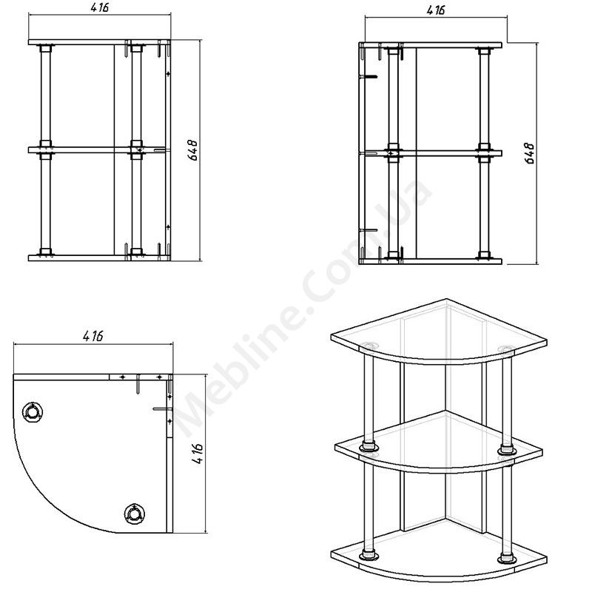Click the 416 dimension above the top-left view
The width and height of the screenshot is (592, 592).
pyautogui.click(x=100, y=7)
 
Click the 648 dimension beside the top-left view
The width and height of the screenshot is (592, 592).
pyautogui.click(x=192, y=150)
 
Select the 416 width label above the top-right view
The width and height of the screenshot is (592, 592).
pyautogui.click(x=436, y=10)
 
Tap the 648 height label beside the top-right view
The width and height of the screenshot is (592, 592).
pyautogui.click(x=529, y=153)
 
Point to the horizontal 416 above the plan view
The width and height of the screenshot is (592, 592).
pyautogui.click(x=93, y=336)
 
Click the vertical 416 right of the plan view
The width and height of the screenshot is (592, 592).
pyautogui.click(x=197, y=454)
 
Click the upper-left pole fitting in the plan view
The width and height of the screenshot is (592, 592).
pyautogui.click(x=33, y=411)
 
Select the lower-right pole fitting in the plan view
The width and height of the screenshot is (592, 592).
pyautogui.click(x=135, y=514)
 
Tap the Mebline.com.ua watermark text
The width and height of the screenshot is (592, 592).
pyautogui.click(x=302, y=309)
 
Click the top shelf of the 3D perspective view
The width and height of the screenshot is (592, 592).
pyautogui.click(x=439, y=332)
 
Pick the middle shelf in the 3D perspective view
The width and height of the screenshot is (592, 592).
pyautogui.click(x=439, y=442)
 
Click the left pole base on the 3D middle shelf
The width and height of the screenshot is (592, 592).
pyautogui.click(x=369, y=447)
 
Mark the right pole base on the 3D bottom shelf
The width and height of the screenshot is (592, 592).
pyautogui.click(x=507, y=559)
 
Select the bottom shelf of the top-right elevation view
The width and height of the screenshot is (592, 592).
pyautogui.click(x=431, y=261)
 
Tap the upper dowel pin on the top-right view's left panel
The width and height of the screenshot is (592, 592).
pyautogui.click(x=369, y=77)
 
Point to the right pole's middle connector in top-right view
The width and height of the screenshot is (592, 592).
pyautogui.click(x=484, y=153)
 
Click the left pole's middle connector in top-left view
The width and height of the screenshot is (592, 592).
pyautogui.click(x=46, y=150)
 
